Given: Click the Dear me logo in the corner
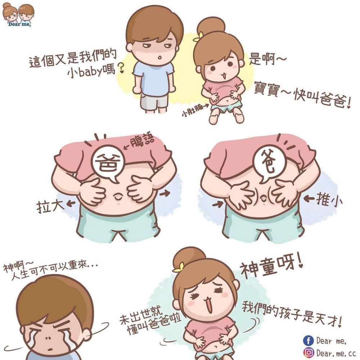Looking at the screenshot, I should pyautogui.click(x=18, y=14).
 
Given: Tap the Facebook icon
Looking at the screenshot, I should pyautogui.click(x=308, y=340).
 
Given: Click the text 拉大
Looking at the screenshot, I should pyautogui.click(x=49, y=206).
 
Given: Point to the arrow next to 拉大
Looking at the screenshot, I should pyautogui.click(x=71, y=204).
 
